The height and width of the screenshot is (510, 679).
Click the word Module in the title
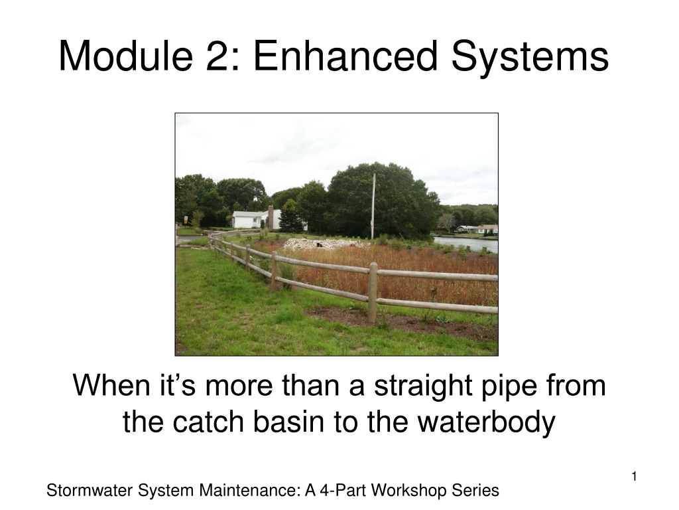(126, 56)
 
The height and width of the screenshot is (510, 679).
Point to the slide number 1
(634, 477)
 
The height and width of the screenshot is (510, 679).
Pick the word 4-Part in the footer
(343, 491)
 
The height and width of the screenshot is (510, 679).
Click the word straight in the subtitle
(422, 386)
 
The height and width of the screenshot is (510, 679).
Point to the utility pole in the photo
(373, 207)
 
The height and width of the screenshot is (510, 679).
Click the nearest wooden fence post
(373, 292)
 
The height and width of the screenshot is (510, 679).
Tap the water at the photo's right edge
(467, 244)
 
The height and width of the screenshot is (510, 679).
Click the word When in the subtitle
(111, 385)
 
